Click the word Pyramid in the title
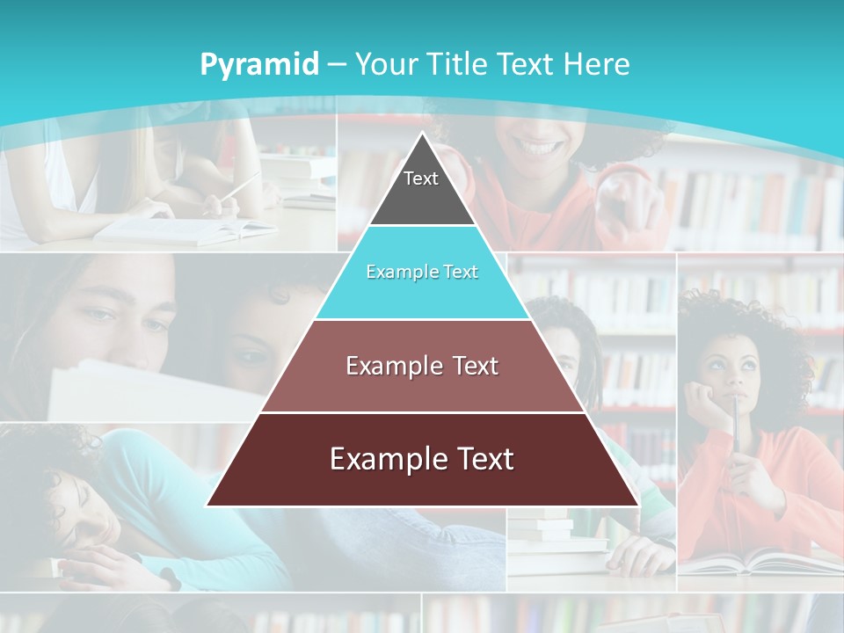258,64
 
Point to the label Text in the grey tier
421,178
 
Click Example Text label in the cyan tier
422,272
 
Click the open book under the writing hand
185,230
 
